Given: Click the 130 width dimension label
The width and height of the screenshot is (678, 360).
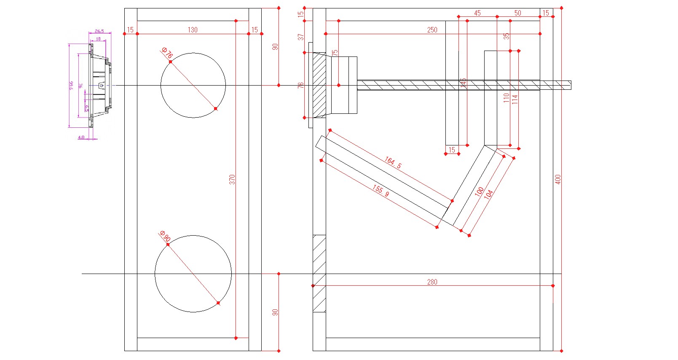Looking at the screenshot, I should pos(193,30).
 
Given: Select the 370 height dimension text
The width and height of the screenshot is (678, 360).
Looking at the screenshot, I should pos(232,179).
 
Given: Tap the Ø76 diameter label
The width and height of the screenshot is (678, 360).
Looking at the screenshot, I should pos(167,54).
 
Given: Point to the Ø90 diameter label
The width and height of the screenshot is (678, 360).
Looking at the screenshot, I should pos(165,236).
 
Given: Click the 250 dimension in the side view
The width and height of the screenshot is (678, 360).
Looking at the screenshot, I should pos(432,30).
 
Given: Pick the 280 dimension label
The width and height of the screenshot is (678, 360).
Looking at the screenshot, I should pos(432,282).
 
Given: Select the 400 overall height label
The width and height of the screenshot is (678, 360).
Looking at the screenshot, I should pos(557,179).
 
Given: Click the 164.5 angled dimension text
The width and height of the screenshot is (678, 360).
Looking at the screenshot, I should pos(393,162).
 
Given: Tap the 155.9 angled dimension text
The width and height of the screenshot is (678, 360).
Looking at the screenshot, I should pos(381,191).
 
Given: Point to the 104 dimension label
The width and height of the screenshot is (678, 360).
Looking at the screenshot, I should pos(488,194).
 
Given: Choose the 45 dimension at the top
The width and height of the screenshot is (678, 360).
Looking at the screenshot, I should pos(477,13).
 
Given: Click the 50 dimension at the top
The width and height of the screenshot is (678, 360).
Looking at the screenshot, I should pos(517,13).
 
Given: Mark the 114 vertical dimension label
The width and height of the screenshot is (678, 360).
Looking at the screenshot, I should pos(515,99).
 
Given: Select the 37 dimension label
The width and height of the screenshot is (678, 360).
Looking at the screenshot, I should pos(300,37).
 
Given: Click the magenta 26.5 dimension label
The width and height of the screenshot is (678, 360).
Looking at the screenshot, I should pos(99,31).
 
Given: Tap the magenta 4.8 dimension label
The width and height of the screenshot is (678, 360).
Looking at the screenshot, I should pos(81,137).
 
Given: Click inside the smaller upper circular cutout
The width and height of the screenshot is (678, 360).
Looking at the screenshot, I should pos(193,85).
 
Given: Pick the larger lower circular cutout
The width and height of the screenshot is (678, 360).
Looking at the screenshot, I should pos(193,274).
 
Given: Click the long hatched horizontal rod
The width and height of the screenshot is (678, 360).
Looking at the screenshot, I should pos(464,85).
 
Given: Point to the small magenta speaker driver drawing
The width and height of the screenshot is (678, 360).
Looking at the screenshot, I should pos(100,86).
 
